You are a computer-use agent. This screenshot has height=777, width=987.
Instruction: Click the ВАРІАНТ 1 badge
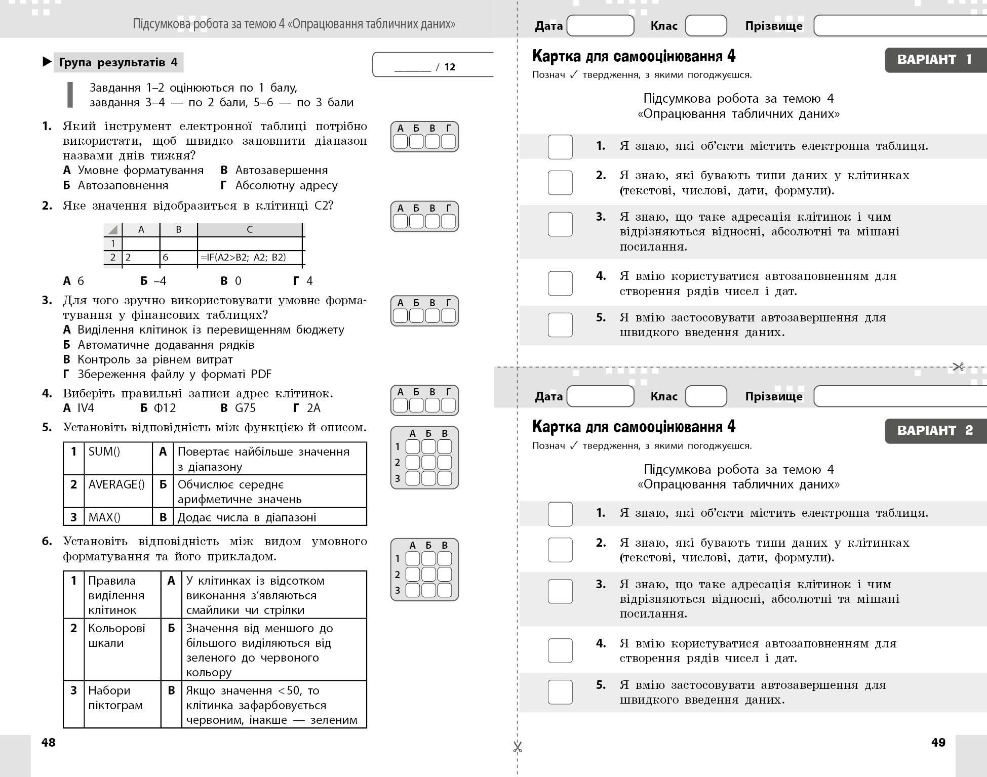[x=935, y=60]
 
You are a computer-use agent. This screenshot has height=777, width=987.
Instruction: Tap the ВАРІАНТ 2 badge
[x=935, y=431]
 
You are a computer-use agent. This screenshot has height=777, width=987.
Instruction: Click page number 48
[x=49, y=743]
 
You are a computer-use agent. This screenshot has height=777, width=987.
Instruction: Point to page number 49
[x=938, y=743]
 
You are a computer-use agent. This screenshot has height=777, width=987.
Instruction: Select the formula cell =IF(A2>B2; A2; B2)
[x=249, y=257]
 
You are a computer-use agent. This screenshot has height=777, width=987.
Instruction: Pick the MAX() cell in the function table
[x=117, y=517]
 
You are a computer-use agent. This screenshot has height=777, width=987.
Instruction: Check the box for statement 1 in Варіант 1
[x=560, y=147]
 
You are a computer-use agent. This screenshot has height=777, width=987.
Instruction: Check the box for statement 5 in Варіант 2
[x=560, y=692]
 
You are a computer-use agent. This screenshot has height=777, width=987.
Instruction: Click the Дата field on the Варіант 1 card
[x=600, y=25]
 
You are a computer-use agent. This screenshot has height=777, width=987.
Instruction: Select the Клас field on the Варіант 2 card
[x=706, y=396]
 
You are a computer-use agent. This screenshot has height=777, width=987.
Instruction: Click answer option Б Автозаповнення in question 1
[x=116, y=185]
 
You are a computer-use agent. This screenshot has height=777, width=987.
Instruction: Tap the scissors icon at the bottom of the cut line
[x=517, y=747]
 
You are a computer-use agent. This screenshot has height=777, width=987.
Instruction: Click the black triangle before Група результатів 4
[x=47, y=62]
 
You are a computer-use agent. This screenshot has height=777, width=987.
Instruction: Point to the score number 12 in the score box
[x=450, y=67]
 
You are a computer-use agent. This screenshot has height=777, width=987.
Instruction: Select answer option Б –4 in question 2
[x=153, y=281]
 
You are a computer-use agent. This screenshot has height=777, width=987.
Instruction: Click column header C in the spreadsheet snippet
[x=250, y=229]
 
